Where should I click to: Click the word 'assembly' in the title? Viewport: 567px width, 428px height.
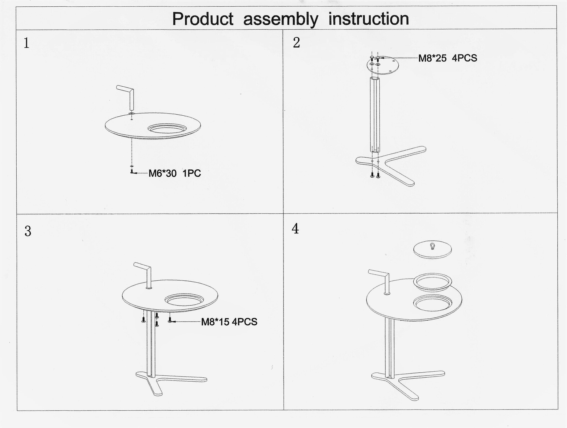tap(281, 19)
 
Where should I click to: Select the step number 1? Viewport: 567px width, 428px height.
tap(26, 43)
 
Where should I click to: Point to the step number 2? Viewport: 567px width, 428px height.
tap(297, 43)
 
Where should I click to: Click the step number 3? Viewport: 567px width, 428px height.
tap(28, 231)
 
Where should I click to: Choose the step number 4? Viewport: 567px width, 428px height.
tap(295, 229)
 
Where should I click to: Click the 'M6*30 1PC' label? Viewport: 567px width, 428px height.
tap(175, 173)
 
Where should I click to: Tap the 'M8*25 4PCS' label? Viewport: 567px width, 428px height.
tap(448, 58)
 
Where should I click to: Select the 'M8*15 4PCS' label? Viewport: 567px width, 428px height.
tap(229, 322)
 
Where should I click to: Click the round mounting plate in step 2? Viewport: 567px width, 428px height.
tap(383, 65)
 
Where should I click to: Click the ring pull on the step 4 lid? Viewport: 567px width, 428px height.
tap(432, 246)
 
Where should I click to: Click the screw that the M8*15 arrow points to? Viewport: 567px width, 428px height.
tap(170, 320)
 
